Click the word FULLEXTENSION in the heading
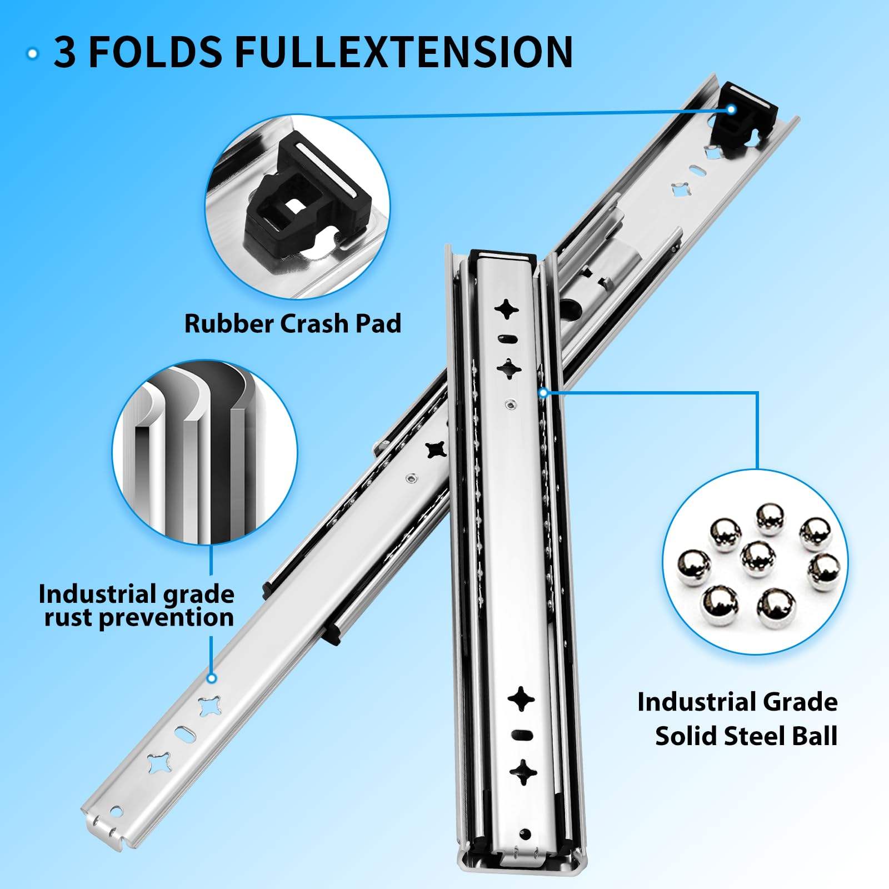click(x=403, y=52)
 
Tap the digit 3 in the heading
click(x=64, y=53)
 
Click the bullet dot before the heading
click(x=33, y=54)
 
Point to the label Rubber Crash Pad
click(x=292, y=323)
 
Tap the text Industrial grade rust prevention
click(x=137, y=606)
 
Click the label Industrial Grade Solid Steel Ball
click(x=737, y=718)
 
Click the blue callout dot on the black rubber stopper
click(x=731, y=109)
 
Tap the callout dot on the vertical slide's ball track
click(x=543, y=393)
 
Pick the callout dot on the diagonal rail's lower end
click(x=211, y=678)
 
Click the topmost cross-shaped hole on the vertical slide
click(x=507, y=309)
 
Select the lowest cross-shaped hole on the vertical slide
click(x=523, y=772)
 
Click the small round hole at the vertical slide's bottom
click(x=525, y=833)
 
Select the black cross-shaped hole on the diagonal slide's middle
click(x=435, y=450)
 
